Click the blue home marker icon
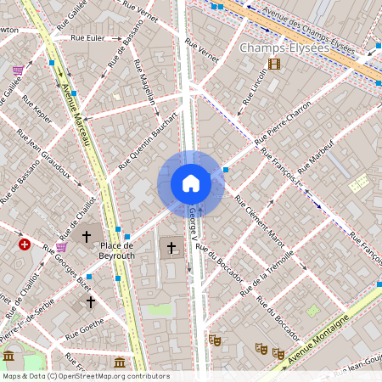(x=191, y=183)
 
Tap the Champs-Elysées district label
(x=284, y=48)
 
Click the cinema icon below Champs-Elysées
(x=273, y=64)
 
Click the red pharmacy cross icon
(x=25, y=244)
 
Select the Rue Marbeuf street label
(x=326, y=160)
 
